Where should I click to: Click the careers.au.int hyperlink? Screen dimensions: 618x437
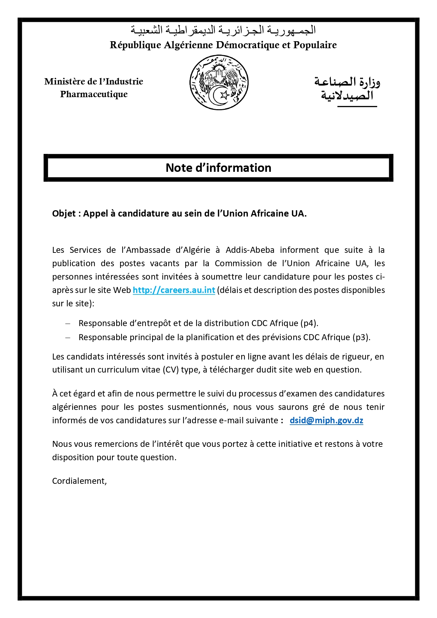(x=174, y=290)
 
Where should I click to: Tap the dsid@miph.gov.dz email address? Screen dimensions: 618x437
(x=326, y=420)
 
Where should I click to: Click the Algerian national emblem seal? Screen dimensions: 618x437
(x=219, y=82)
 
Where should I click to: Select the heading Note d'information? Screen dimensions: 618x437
(x=218, y=168)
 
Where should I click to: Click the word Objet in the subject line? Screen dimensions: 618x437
(x=64, y=213)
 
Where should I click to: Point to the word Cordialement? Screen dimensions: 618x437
(x=79, y=481)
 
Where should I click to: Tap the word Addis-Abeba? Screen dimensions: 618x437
(x=250, y=250)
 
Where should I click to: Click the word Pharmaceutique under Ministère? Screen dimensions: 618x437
(x=94, y=94)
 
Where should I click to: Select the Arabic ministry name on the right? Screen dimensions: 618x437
(x=347, y=89)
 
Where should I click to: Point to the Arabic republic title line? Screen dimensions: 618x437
(x=223, y=30)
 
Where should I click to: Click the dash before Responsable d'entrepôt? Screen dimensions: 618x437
(x=68, y=323)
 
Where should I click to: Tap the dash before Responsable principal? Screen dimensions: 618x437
(x=68, y=337)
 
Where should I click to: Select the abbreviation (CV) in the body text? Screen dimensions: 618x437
(x=170, y=370)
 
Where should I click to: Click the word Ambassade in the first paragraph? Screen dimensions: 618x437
(x=145, y=250)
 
